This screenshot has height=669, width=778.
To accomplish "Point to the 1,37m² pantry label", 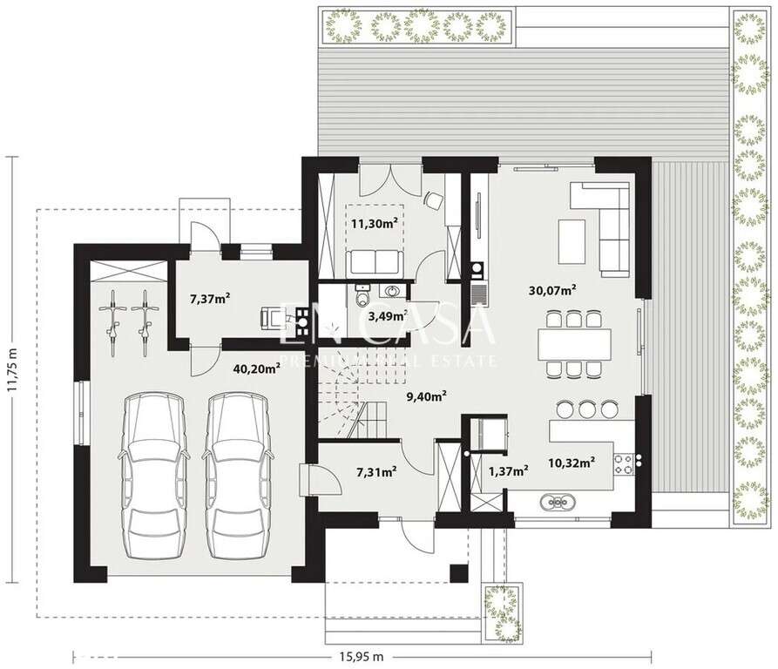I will click(x=509, y=471).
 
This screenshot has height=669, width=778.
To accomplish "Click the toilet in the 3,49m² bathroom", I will click(x=363, y=300).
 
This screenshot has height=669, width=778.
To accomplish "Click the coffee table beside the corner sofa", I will click(x=572, y=238).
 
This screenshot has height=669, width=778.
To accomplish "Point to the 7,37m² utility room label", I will click(x=210, y=299).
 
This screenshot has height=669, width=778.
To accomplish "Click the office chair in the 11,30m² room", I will click(x=433, y=199).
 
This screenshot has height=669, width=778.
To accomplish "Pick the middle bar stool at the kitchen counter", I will click(x=586, y=408).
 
